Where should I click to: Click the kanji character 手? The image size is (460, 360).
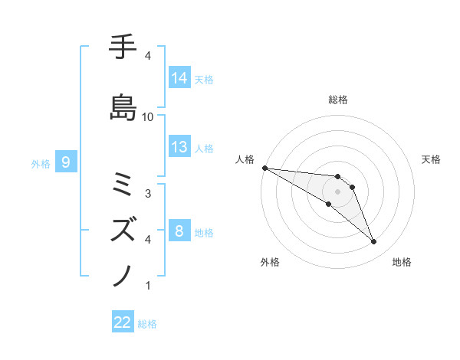tap(123, 48)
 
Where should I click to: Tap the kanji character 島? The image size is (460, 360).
tap(123, 106)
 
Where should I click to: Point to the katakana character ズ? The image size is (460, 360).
tap(123, 227)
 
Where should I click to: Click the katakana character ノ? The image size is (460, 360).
tap(123, 273)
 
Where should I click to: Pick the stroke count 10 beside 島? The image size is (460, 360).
tap(148, 116)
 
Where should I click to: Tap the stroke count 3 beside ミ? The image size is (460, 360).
tap(148, 193)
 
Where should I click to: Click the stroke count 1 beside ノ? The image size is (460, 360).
tap(148, 285)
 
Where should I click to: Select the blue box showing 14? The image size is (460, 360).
tap(179, 78)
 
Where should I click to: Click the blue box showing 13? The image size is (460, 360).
tap(179, 147)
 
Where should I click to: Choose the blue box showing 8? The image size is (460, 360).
tap(179, 231)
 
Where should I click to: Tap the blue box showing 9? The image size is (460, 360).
tap(67, 162)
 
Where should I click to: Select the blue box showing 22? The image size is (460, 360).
tap(123, 323)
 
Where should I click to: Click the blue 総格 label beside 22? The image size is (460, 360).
tap(147, 324)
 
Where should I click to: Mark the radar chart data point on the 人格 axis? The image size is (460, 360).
tap(264, 168)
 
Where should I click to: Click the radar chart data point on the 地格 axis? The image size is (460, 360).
tap(374, 242)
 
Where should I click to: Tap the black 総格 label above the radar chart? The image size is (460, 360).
tap(338, 100)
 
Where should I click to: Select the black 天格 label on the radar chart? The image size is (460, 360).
tap(431, 159)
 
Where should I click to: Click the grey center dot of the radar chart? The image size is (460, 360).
tap(338, 191)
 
